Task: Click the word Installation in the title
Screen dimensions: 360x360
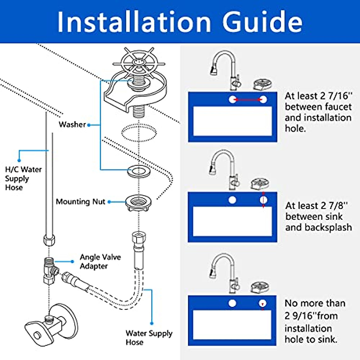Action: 134,22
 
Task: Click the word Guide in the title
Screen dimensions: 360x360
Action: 262,22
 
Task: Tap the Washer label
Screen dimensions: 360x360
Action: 72,124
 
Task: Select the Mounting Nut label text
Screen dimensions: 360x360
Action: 80,202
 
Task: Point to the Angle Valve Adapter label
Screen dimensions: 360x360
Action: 100,262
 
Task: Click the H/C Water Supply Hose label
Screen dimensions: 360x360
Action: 23,178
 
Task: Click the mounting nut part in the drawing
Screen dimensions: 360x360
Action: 138,203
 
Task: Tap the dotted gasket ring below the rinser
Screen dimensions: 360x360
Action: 139,133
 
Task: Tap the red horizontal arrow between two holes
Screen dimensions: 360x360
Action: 248,100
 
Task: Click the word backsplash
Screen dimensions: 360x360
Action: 328,227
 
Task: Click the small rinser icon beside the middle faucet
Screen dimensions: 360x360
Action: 259,184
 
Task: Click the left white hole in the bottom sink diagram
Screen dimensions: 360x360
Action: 232,304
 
